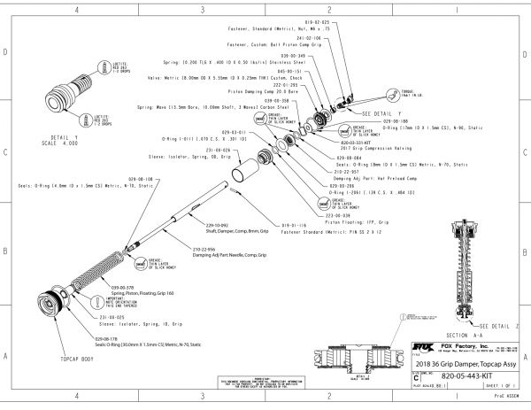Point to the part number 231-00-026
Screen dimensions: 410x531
(218, 151)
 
